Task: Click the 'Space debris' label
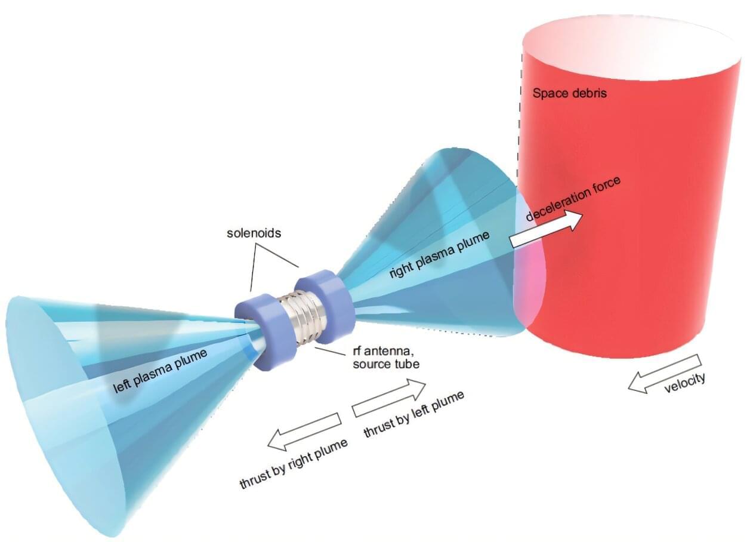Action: coord(570,93)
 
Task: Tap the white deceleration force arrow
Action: coord(547,229)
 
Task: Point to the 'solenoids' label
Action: coord(254,233)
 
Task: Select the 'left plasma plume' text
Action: coord(160,371)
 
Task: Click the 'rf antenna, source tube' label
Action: coord(386,357)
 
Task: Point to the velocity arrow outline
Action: coord(665,373)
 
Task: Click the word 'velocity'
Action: coord(684,383)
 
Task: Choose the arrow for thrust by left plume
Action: coord(389,398)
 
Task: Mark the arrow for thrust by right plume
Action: coord(304,432)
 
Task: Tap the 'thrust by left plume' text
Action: coord(414,414)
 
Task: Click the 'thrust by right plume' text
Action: coord(294,464)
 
